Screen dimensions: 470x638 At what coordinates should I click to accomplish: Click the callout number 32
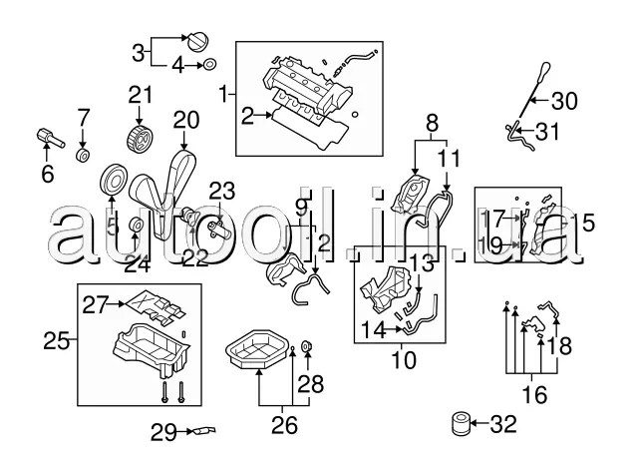(504, 424)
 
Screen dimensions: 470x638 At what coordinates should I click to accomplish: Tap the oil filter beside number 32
(460, 423)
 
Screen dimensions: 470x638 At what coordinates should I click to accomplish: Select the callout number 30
(564, 100)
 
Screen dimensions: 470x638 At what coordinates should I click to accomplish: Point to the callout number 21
(140, 96)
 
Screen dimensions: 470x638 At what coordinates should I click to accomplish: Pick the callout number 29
(162, 432)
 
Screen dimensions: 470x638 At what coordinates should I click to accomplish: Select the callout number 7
(84, 119)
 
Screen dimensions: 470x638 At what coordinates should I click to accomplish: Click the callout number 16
(535, 395)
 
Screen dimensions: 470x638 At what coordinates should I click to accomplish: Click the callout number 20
(185, 120)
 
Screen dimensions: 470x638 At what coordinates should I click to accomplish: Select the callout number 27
(95, 303)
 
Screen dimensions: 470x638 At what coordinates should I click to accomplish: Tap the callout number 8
(432, 125)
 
